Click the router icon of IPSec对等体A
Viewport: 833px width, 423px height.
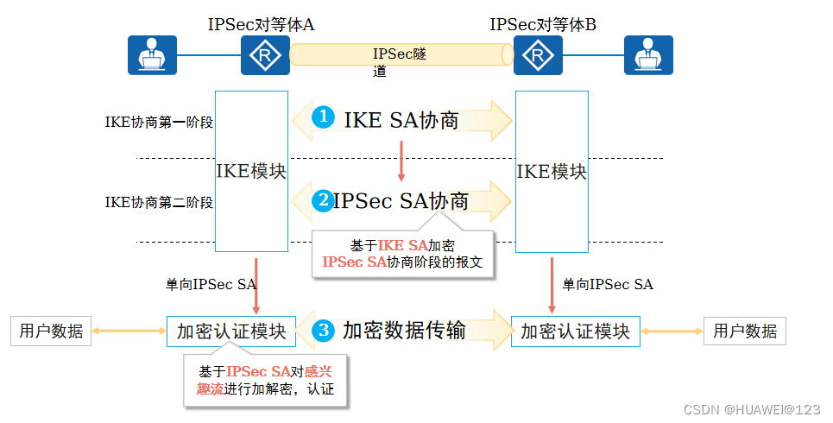tap(265, 56)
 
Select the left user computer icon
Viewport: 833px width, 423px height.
tap(152, 55)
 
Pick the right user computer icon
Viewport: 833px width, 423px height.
tap(648, 55)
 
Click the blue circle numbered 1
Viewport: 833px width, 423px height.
tap(323, 117)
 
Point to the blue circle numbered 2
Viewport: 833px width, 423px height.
tap(323, 200)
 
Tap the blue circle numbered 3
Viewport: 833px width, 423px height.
tap(323, 330)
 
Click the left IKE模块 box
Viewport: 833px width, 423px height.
tap(251, 171)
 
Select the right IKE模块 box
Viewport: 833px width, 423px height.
tap(552, 171)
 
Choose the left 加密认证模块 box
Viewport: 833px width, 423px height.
tap(231, 331)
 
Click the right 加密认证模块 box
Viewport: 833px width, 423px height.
tap(575, 331)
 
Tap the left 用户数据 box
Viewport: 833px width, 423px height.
tap(51, 331)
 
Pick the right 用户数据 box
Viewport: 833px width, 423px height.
tap(745, 331)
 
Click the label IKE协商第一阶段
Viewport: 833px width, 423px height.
tap(159, 122)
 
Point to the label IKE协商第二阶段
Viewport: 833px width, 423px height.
tap(159, 202)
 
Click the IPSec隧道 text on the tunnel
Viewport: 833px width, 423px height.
tap(399, 62)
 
